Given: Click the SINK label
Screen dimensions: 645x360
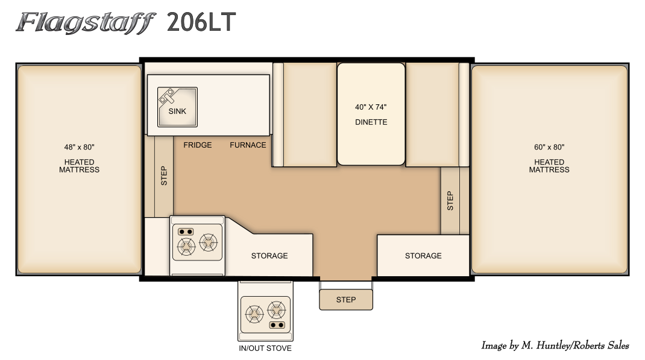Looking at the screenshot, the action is click(177, 111).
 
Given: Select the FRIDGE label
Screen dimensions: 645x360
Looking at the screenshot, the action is click(198, 145).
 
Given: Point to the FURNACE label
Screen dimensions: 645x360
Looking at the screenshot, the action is click(248, 145).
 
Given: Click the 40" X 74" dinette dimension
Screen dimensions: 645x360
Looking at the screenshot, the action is click(371, 107).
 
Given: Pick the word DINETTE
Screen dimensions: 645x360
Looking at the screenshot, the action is click(371, 122).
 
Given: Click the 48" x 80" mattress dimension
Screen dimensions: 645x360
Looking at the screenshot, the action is click(79, 147).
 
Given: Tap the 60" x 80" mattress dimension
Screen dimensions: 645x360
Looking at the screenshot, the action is click(549, 147).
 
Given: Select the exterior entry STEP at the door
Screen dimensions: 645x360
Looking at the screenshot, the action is click(346, 300).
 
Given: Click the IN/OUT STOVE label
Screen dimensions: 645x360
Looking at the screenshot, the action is click(265, 348).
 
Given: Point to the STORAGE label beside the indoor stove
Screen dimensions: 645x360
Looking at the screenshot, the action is click(269, 256).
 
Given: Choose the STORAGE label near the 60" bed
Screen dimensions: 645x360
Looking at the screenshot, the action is click(423, 256).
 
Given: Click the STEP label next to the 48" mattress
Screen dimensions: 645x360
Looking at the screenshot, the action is click(164, 175).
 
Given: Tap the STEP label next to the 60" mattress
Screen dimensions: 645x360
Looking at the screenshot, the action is click(450, 201).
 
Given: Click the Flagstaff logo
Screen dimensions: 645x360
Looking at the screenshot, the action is click(86, 23).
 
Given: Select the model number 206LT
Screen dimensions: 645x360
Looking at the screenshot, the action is click(201, 22).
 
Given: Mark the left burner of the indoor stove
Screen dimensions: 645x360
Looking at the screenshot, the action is click(186, 246).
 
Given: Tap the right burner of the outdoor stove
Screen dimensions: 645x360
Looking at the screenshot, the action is click(276, 310).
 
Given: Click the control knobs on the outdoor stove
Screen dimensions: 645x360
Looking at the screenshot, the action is click(277, 325).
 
